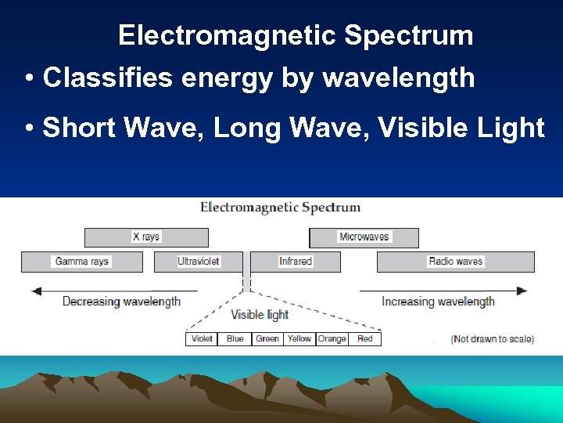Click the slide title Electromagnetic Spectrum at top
(296, 36)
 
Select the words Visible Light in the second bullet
(461, 127)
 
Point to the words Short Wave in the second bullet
(124, 127)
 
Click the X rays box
(146, 237)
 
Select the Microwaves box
(364, 237)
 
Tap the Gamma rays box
(82, 262)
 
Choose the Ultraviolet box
(199, 262)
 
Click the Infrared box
(295, 262)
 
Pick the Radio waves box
(455, 262)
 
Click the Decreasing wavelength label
(121, 302)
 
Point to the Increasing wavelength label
(438, 302)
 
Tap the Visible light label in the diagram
(260, 315)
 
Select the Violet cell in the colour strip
(202, 339)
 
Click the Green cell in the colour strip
(267, 339)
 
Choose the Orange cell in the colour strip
(332, 339)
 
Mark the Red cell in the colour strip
(365, 339)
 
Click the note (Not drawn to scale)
(493, 339)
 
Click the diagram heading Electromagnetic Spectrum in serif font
(281, 208)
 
